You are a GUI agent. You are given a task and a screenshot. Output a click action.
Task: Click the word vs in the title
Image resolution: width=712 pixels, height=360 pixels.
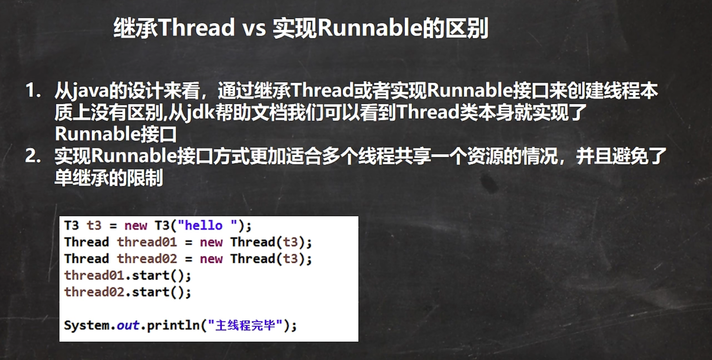[x=254, y=28]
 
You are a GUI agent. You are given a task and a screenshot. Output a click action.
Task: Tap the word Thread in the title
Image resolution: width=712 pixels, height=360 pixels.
[x=196, y=27]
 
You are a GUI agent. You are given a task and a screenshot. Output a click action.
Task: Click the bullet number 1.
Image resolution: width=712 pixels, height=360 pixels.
[x=33, y=90]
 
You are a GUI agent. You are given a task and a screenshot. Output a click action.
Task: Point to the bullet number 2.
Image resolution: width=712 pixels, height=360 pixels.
[x=33, y=156]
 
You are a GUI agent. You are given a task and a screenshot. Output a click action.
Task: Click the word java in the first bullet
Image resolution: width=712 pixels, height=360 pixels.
[x=90, y=92]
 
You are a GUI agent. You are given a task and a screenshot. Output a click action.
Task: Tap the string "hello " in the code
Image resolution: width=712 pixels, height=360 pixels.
[x=208, y=225]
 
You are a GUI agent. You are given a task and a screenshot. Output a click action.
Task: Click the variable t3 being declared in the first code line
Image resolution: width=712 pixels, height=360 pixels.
[x=94, y=226]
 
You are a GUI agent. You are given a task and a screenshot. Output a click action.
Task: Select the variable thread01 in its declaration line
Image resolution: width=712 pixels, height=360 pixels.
[x=147, y=242]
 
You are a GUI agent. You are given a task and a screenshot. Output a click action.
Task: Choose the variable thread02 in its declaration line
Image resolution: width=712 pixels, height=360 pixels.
[x=147, y=259]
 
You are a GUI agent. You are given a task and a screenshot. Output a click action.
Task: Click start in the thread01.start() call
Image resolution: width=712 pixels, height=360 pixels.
[x=151, y=275]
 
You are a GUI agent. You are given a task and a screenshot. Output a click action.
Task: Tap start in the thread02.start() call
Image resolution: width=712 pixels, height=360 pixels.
[x=151, y=292]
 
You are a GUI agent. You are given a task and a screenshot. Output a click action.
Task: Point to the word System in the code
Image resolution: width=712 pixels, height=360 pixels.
[x=87, y=325]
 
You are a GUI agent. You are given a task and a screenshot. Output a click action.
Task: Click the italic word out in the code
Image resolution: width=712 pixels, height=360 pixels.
[x=128, y=325]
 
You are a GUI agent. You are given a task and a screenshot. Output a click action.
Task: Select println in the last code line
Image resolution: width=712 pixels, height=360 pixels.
[x=173, y=326]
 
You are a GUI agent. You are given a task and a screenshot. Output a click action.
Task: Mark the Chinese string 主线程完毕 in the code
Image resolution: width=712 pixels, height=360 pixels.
[x=245, y=325]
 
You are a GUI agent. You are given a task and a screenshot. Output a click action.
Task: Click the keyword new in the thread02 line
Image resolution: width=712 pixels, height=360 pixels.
[x=211, y=259]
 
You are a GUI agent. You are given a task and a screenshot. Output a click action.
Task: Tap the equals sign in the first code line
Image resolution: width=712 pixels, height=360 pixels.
[x=113, y=226]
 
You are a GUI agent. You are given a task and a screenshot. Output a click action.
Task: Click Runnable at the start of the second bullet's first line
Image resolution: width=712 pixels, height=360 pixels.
[x=134, y=156]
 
